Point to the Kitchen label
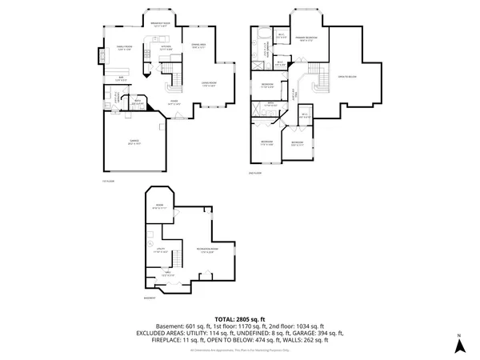(x=166, y=46)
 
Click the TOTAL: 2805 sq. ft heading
(x=240, y=318)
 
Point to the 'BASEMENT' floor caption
(x=150, y=298)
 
